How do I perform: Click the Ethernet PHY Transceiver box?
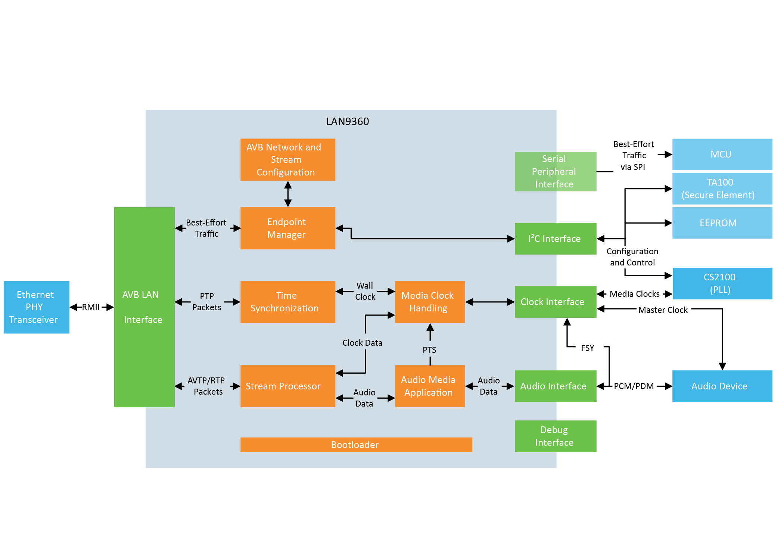click(36, 307)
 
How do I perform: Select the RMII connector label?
click(91, 307)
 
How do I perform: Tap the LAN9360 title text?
click(347, 121)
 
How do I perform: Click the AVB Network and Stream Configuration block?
click(287, 160)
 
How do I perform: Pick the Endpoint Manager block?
click(287, 228)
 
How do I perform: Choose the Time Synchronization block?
click(287, 302)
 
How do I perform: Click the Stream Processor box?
click(287, 386)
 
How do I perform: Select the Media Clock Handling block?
click(430, 302)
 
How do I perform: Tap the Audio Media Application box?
click(430, 386)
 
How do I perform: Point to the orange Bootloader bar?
click(356, 445)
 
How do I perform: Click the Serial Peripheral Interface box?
click(555, 171)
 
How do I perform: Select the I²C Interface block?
click(555, 239)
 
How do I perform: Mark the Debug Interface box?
click(555, 436)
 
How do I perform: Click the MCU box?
click(722, 154)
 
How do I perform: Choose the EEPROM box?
click(722, 223)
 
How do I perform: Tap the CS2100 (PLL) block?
click(722, 283)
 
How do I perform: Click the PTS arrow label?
click(429, 350)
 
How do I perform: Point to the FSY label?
click(587, 348)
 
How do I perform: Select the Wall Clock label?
click(365, 291)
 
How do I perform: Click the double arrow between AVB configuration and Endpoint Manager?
click(288, 194)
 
